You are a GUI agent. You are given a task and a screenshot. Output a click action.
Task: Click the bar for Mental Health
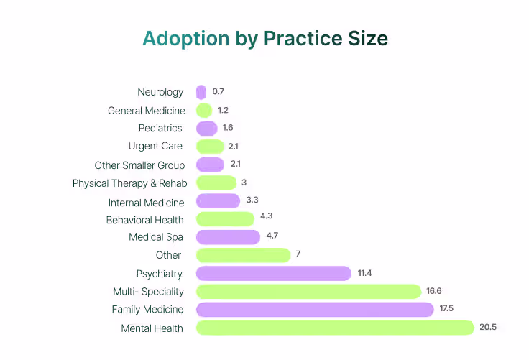pyautogui.click(x=336, y=328)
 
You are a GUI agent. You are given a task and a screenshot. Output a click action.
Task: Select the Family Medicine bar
pyautogui.click(x=315, y=310)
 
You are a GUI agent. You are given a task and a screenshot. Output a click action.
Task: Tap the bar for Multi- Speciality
pyautogui.click(x=308, y=291)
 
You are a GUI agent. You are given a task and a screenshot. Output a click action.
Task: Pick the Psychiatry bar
pyautogui.click(x=274, y=273)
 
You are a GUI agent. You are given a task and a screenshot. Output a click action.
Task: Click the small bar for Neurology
pyautogui.click(x=201, y=92)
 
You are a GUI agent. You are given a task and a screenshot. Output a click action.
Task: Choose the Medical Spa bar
pyautogui.click(x=228, y=237)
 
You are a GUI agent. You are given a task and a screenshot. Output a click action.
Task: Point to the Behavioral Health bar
pyautogui.click(x=225, y=219)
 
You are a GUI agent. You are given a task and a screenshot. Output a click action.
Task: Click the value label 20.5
pyautogui.click(x=488, y=328)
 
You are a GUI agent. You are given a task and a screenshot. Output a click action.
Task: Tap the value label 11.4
pyautogui.click(x=364, y=273)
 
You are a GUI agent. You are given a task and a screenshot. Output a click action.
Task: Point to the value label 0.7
pyautogui.click(x=218, y=92)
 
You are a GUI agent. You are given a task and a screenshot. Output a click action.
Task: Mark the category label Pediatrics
pyautogui.click(x=160, y=128)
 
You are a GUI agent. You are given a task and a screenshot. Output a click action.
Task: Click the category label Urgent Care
pyautogui.click(x=155, y=146)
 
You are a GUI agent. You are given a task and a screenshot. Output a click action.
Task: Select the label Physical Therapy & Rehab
pyautogui.click(x=129, y=183)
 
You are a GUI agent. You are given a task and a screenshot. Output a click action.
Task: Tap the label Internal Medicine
pyautogui.click(x=147, y=203)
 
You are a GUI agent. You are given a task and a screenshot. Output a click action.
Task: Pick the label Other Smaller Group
pyautogui.click(x=139, y=165)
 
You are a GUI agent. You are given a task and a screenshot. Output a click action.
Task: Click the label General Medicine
pyautogui.click(x=147, y=111)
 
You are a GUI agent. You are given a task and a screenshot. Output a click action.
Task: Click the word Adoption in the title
pyautogui.click(x=185, y=39)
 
